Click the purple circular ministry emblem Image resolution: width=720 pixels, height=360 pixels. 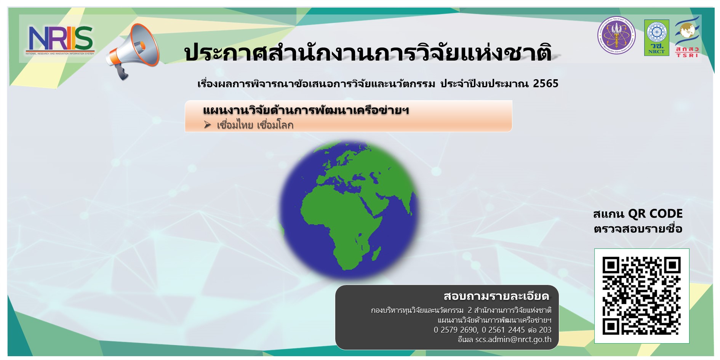pyautogui.click(x=616, y=35)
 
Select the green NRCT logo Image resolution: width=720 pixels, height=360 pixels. pyautogui.click(x=656, y=38)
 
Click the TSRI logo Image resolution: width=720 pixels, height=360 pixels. pyautogui.click(x=687, y=37)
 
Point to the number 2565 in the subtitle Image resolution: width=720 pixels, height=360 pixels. pyautogui.click(x=546, y=83)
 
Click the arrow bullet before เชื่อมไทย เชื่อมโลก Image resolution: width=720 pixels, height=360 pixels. pyautogui.click(x=207, y=125)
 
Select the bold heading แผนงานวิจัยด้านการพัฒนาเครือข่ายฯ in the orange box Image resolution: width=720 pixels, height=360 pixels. pyautogui.click(x=306, y=110)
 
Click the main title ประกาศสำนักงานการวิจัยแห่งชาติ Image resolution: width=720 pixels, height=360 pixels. pyautogui.click(x=368, y=53)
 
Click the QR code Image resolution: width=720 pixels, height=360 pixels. pyautogui.click(x=642, y=296)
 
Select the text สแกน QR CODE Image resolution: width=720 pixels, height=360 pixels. pyautogui.click(x=638, y=214)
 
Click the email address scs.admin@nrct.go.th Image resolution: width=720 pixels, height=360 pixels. pyautogui.click(x=513, y=339)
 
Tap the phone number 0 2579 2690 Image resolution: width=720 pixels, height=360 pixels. pyautogui.click(x=455, y=330)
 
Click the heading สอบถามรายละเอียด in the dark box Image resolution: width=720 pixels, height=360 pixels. pyautogui.click(x=496, y=296)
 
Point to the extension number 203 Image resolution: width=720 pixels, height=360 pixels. pyautogui.click(x=545, y=330)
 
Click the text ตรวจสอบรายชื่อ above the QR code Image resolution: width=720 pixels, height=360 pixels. pyautogui.click(x=638, y=229)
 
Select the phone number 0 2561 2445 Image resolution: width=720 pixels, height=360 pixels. pyautogui.click(x=503, y=330)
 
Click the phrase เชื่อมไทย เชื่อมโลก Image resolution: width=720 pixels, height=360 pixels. pyautogui.click(x=255, y=125)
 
